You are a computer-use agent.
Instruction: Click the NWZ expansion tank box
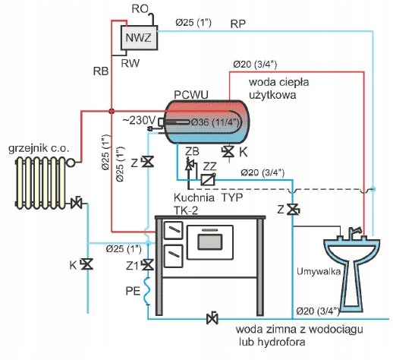point(139,38)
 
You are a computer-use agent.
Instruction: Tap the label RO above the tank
point(140,9)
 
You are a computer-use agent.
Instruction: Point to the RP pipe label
point(237,24)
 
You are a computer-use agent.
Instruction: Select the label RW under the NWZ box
point(130,63)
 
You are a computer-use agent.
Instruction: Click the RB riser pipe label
point(101,71)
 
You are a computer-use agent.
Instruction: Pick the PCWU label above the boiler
point(191,95)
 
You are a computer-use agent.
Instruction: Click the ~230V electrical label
point(140,121)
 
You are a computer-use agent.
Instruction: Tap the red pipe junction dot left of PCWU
point(112,111)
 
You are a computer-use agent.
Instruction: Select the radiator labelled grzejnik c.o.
point(41,182)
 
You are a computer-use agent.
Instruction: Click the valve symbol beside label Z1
point(147,265)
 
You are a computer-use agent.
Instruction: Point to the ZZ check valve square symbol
point(208,179)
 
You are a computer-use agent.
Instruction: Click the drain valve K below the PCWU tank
point(228,152)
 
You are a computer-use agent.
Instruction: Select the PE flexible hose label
point(133,291)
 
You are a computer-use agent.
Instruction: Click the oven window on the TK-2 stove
point(210,242)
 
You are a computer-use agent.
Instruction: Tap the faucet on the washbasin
point(354,232)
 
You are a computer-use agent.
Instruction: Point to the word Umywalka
point(319,272)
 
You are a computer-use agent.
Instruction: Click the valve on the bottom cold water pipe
point(212,318)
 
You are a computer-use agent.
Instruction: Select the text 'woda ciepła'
point(278,82)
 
